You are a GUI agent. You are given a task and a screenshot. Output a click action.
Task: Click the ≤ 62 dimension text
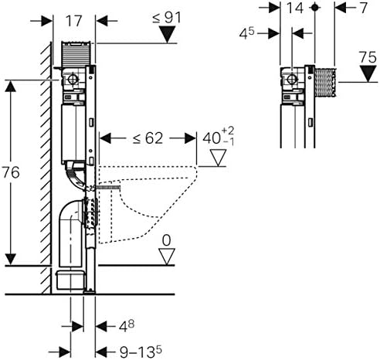click(x=146, y=139)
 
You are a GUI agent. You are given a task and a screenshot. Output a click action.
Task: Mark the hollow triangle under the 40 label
click(x=220, y=160)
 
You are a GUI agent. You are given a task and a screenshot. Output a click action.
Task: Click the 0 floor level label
click(x=165, y=242)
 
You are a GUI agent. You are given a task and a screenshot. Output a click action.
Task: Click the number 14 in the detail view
click(x=296, y=10)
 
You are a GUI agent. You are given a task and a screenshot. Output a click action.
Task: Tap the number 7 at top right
click(x=361, y=10)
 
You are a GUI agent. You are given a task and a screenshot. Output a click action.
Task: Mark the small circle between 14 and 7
click(x=314, y=7)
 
